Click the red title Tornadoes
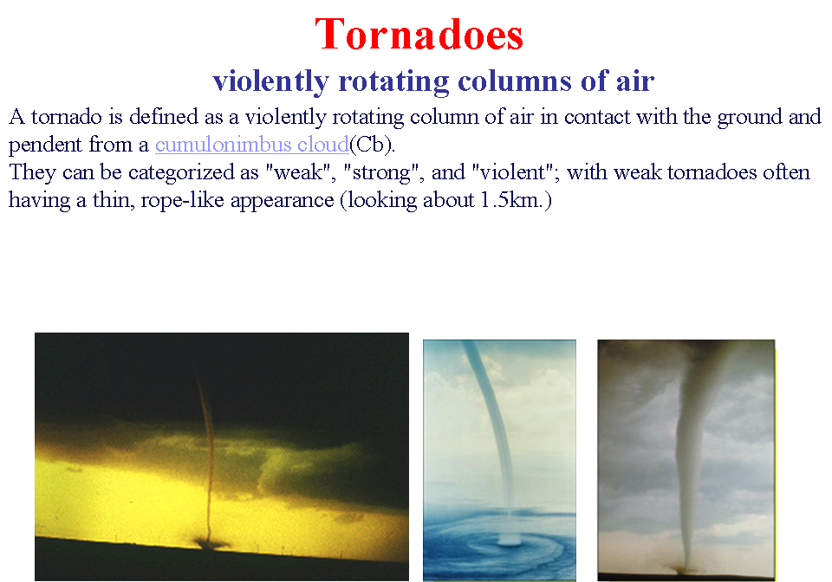coord(419,35)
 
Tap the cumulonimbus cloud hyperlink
coord(252,144)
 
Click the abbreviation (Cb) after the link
coord(372,144)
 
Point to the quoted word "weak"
coord(301,172)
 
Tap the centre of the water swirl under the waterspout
coord(509,541)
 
